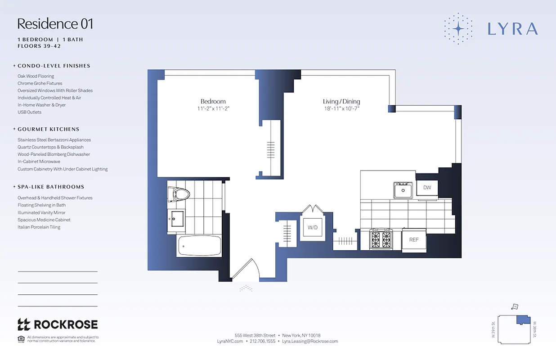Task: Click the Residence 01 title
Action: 55,23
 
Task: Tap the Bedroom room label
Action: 213,101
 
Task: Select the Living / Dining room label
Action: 341,102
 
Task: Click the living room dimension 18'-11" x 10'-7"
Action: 341,108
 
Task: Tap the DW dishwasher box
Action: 427,187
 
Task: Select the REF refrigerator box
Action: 414,240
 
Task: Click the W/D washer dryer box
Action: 313,228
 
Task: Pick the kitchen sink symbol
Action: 403,190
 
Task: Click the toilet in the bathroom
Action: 179,194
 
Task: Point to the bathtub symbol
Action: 199,246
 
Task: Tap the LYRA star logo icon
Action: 458,29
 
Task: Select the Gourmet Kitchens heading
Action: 48,129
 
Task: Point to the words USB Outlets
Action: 29,112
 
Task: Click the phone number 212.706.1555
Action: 262,342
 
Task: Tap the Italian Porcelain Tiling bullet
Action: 39,227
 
